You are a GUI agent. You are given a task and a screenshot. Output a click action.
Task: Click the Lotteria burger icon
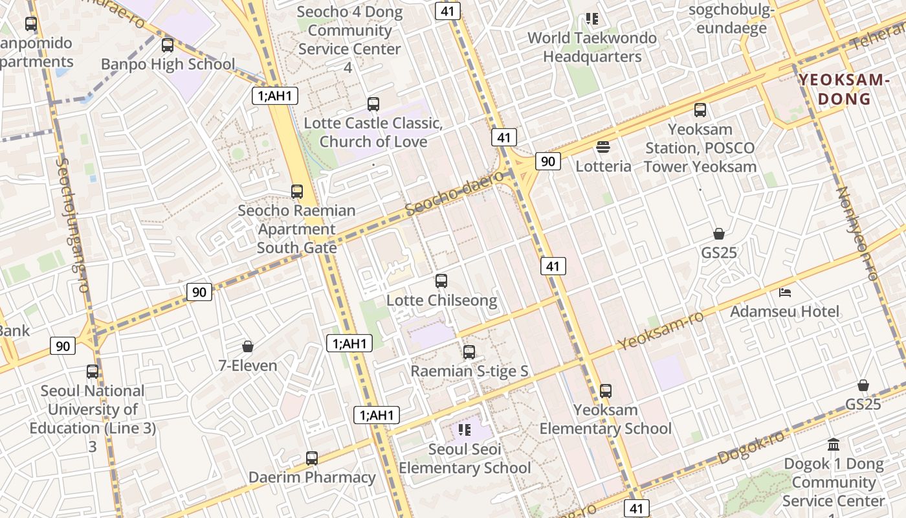(603, 147)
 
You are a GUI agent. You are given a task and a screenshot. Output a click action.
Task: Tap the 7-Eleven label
(248, 365)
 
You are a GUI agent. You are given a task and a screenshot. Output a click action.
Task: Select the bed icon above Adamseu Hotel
(785, 293)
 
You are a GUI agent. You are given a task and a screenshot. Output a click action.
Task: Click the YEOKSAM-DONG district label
(841, 89)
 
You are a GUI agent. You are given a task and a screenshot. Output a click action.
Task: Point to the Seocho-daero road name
(454, 193)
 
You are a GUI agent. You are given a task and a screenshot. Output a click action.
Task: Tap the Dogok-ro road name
(751, 447)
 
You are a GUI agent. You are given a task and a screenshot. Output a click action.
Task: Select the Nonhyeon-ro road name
(857, 233)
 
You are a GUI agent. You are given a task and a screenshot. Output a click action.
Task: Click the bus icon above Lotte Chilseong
(441, 281)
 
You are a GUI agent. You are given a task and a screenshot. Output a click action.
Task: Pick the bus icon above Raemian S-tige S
(469, 352)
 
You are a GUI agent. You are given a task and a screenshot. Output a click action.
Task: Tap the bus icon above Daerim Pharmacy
(312, 458)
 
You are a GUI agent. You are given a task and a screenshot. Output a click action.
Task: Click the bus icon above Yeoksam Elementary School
(606, 391)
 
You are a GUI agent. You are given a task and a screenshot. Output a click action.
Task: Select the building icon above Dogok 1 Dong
(834, 445)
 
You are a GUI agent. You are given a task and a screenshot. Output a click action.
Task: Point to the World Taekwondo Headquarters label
(592, 47)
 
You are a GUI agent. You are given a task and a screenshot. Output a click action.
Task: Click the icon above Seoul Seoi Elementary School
(464, 429)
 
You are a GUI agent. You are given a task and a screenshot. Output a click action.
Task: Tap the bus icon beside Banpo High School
(168, 45)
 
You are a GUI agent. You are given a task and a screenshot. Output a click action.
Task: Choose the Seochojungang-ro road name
(72, 223)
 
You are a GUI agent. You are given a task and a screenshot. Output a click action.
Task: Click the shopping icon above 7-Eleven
(247, 346)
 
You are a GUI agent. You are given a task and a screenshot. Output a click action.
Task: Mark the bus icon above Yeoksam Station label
(700, 110)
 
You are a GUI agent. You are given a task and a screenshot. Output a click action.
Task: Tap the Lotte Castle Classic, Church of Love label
(373, 132)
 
